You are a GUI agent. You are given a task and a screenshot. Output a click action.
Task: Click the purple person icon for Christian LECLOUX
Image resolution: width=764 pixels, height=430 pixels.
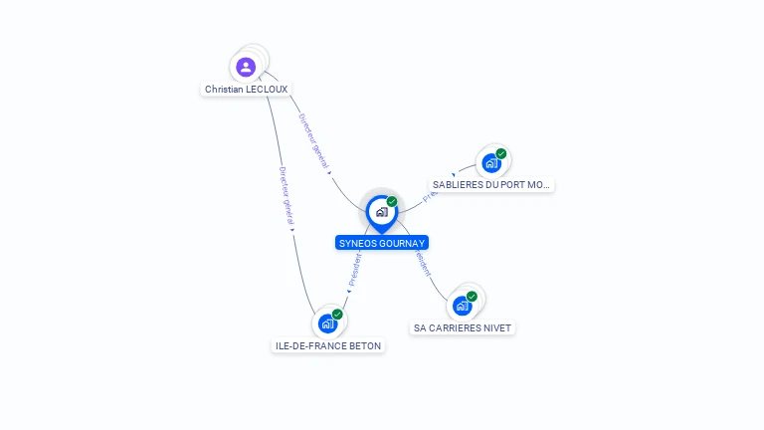[x=246, y=67]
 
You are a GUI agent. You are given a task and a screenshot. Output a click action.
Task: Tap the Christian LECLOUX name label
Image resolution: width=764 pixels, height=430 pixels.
[x=246, y=89]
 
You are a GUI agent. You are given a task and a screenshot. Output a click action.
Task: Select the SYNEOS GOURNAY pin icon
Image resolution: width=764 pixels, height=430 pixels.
[x=381, y=212]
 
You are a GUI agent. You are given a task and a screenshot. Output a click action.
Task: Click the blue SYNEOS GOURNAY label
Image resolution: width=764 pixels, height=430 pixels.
[x=382, y=243]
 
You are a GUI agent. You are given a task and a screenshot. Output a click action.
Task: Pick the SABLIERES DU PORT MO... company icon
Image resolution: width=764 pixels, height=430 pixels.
[x=490, y=163]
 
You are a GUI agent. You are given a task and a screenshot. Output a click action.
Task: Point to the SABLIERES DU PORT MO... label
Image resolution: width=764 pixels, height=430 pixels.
[x=491, y=185]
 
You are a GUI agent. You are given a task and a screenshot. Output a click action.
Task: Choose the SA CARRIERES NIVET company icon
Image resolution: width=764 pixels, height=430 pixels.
[x=462, y=306]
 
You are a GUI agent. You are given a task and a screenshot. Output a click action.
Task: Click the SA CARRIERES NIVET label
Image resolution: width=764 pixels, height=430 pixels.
[x=463, y=327]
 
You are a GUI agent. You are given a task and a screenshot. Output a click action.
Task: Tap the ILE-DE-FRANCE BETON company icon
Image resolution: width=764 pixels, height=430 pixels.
[x=327, y=323]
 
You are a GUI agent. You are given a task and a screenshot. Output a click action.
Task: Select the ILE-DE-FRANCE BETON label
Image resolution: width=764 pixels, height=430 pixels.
[x=327, y=345]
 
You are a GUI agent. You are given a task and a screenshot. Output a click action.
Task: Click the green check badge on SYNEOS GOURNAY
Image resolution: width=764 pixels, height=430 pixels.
[x=392, y=202]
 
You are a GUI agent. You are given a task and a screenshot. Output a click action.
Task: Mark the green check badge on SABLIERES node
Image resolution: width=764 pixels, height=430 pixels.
[x=501, y=153]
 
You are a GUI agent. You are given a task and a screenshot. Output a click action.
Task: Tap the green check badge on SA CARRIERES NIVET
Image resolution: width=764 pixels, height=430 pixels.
[x=472, y=296]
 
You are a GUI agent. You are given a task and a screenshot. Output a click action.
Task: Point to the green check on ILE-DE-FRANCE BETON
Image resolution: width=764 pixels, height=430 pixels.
[x=337, y=314]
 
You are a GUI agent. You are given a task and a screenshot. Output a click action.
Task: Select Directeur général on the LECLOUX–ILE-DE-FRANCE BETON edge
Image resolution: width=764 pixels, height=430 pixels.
[x=286, y=195]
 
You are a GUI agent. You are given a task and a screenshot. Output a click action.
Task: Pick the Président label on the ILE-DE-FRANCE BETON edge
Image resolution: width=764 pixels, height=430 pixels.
[x=354, y=269]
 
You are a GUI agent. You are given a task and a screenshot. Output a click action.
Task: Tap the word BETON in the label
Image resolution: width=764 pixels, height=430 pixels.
[x=363, y=345]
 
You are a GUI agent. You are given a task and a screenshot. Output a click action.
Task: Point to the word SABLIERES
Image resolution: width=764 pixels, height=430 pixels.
[x=455, y=185]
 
